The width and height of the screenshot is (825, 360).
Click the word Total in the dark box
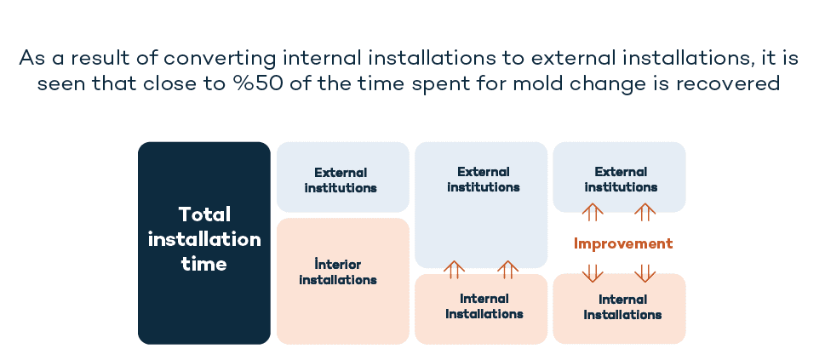coord(204,214)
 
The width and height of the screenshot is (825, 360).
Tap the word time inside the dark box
coord(203,264)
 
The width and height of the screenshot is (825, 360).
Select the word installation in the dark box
coord(204,239)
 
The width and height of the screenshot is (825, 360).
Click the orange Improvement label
coord(623,243)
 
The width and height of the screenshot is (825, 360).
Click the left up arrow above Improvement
coord(593,212)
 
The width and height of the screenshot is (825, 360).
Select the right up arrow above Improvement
coord(645,212)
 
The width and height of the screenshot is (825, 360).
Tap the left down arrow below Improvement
coord(593,273)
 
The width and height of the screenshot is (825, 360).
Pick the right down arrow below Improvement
coord(645,273)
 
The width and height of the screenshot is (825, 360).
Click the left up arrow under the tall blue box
coord(454,270)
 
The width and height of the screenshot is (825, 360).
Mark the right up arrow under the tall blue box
coord(507,270)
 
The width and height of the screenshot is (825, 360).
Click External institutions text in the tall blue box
coord(483,180)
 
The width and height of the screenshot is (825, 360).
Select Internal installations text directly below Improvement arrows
coord(622,307)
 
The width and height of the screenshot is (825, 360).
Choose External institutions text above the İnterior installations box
coord(341,180)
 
